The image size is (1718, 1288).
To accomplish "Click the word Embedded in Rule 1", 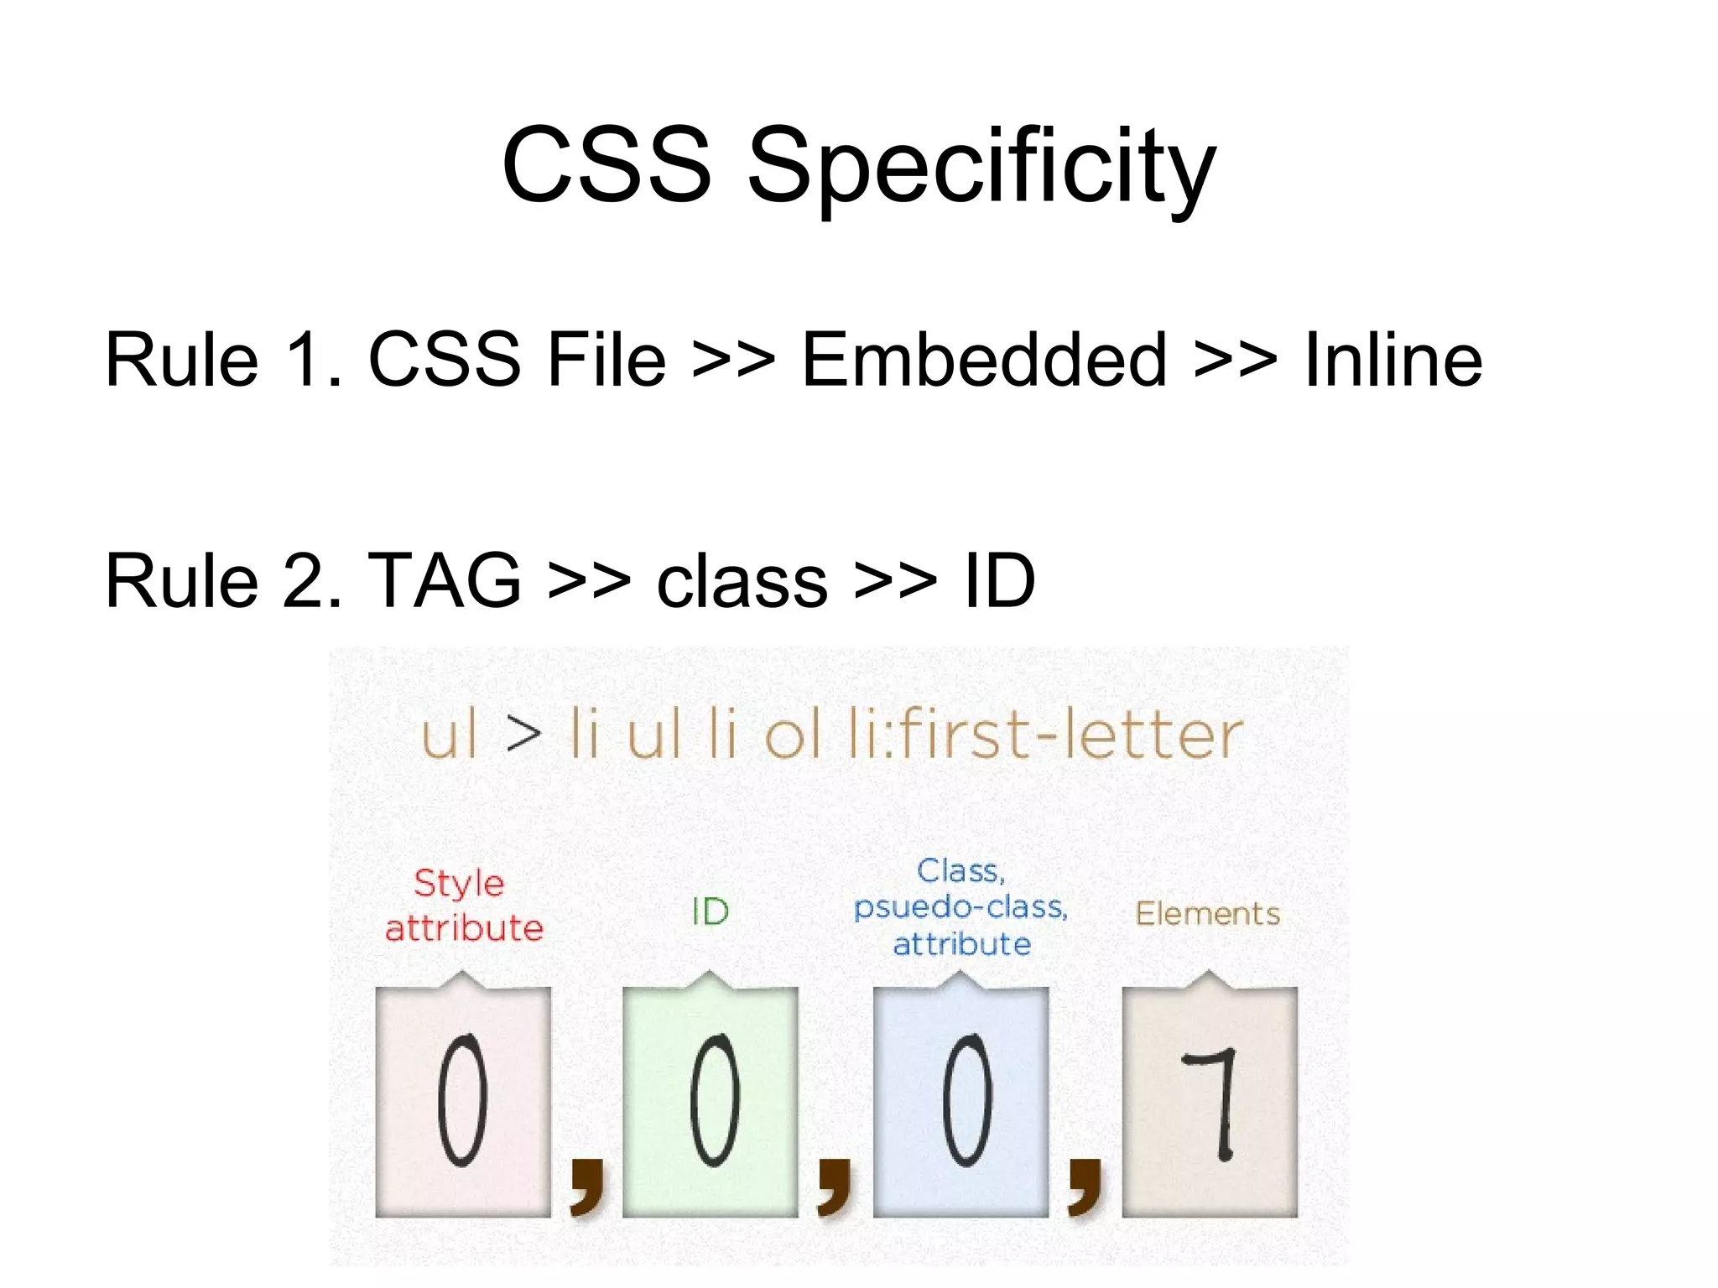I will click(x=984, y=360).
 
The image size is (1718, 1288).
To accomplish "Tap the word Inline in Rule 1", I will click(x=1393, y=360).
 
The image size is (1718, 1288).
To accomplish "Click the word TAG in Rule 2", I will click(x=445, y=580).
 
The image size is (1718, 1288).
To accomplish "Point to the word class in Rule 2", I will click(x=742, y=580).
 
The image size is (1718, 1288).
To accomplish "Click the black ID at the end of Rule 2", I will click(x=999, y=580).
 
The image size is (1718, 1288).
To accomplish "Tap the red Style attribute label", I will click(x=463, y=906).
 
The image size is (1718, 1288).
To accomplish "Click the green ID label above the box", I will click(x=710, y=912).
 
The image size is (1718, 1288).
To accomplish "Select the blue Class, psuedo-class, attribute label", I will click(x=961, y=907).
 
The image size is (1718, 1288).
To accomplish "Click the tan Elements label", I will click(x=1207, y=913).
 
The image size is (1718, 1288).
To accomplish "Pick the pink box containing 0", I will click(x=463, y=1102).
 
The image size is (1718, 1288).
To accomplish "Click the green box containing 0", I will click(x=711, y=1102).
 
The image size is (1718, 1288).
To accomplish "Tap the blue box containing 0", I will click(x=961, y=1102).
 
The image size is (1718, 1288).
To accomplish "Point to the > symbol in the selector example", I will click(x=524, y=734).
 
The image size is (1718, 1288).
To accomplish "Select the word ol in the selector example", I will click(x=792, y=734).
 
